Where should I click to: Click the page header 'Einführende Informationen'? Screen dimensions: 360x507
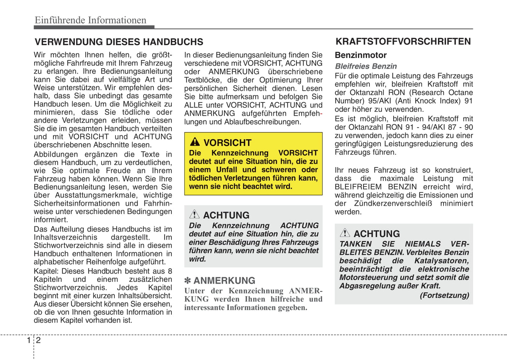tap(91, 20)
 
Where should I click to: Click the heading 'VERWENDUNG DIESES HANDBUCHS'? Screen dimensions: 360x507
tap(119, 42)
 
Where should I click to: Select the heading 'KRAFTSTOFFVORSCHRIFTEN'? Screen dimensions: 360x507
tap(403, 42)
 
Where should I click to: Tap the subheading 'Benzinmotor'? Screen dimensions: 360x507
tap(360, 55)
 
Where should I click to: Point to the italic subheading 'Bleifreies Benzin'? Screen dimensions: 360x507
tap(366, 66)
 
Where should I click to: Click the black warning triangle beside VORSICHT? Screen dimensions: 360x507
tap(195, 142)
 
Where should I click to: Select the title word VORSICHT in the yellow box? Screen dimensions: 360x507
tap(227, 143)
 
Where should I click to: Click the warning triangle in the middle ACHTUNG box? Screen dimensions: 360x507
tap(194, 214)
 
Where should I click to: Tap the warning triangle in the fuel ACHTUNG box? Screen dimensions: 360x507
tap(345, 233)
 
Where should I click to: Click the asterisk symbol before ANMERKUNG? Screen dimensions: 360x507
tap(188, 281)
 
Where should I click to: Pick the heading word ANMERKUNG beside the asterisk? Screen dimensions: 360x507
tap(224, 281)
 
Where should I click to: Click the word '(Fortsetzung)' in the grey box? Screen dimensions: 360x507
tap(444, 295)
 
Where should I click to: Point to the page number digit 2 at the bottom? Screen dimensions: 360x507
tap(39, 340)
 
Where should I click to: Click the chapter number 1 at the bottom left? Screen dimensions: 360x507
tap(29, 340)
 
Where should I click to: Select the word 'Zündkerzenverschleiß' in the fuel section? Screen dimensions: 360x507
tap(393, 204)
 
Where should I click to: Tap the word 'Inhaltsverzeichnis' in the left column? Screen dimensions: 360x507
tap(66, 238)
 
